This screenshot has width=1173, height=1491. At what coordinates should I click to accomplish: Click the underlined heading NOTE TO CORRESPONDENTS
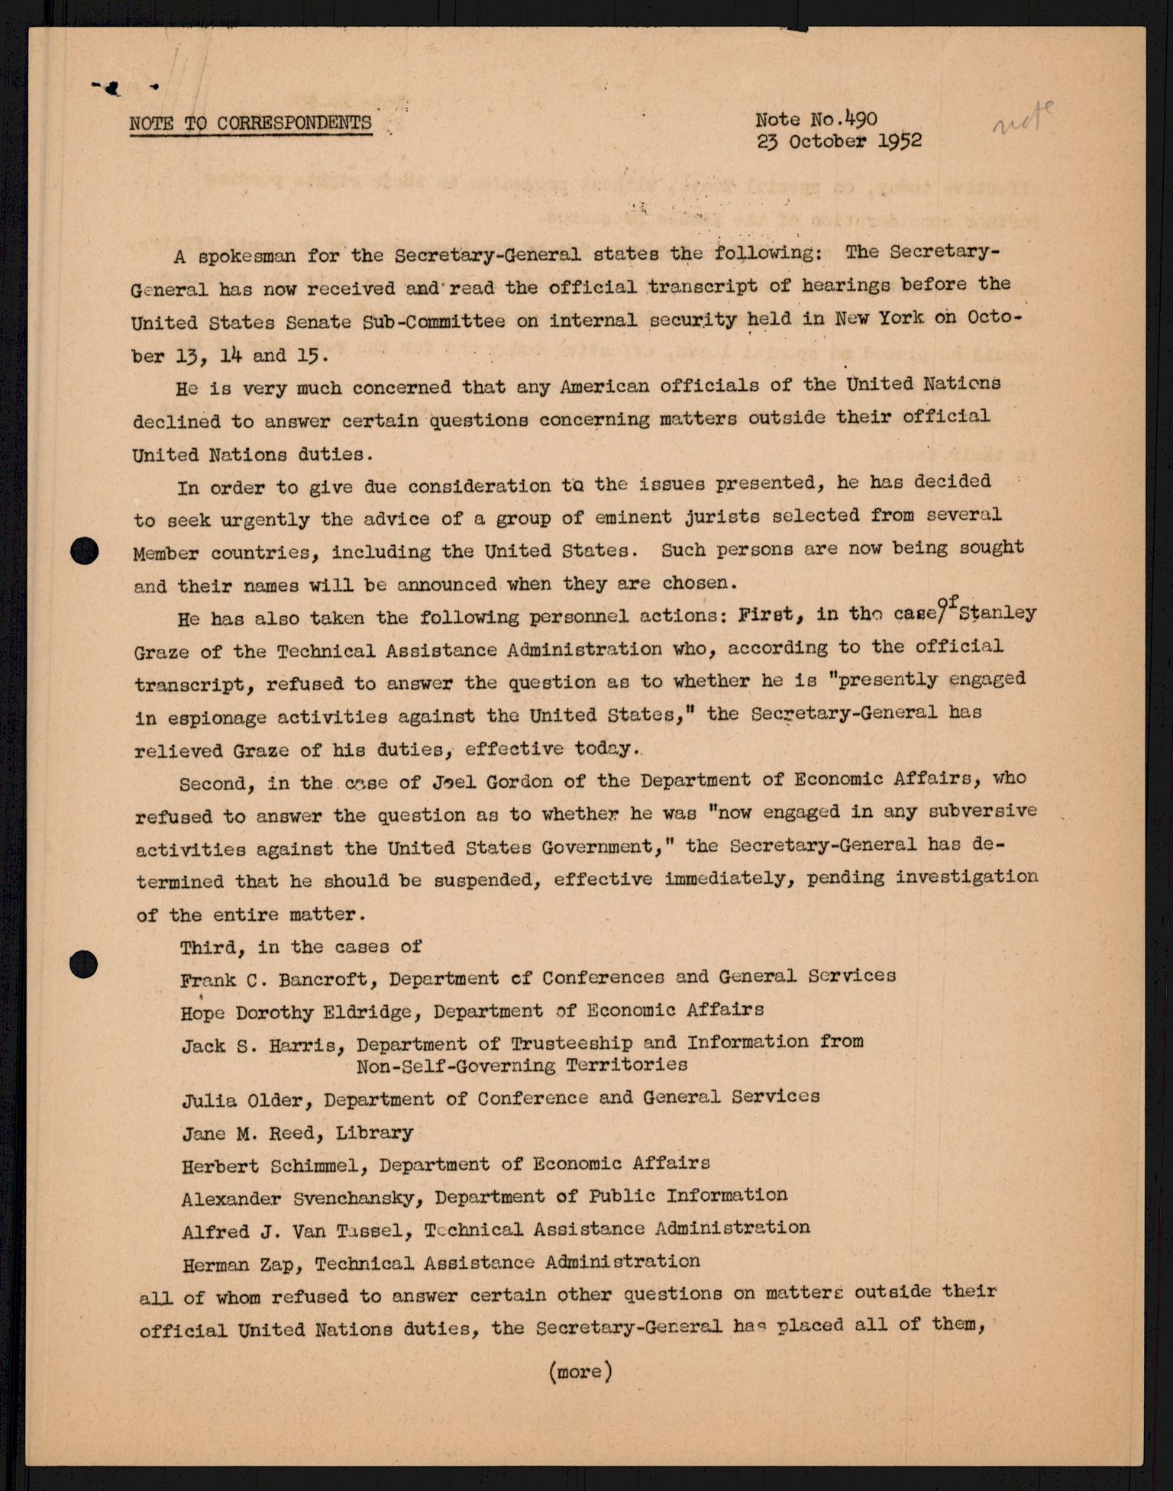tap(250, 123)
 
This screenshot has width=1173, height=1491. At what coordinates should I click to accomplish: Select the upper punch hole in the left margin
tap(84, 550)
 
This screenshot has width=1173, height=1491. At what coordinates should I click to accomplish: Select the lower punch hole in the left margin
tap(83, 964)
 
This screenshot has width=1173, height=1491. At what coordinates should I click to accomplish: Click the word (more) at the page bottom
tap(580, 1371)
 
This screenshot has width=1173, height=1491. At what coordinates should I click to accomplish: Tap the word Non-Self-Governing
tap(455, 1066)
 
